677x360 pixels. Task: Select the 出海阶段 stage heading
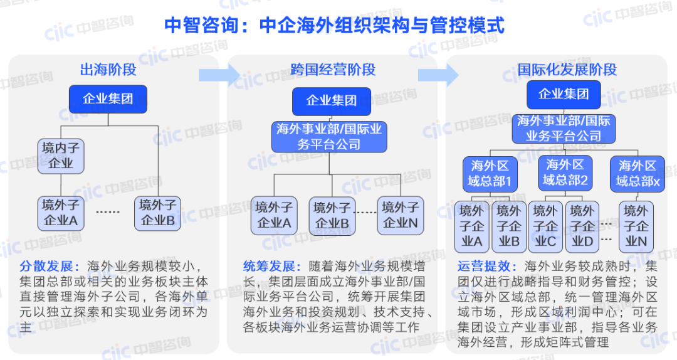click(x=108, y=70)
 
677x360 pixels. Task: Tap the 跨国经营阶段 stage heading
click(x=333, y=70)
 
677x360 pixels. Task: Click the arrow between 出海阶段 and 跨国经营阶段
click(x=218, y=75)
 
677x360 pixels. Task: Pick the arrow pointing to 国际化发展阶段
click(x=438, y=75)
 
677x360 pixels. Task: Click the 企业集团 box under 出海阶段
click(x=108, y=99)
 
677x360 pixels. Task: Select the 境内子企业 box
click(x=61, y=156)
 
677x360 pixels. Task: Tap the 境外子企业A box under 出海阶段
click(x=61, y=213)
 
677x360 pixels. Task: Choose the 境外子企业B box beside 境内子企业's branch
click(x=157, y=213)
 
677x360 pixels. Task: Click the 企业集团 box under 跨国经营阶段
click(x=331, y=101)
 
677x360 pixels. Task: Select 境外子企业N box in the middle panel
click(x=401, y=216)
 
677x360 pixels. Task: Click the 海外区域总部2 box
click(x=565, y=173)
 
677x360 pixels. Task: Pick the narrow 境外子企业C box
click(x=545, y=226)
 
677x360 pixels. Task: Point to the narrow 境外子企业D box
click(x=581, y=226)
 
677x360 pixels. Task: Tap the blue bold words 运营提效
click(x=483, y=265)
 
